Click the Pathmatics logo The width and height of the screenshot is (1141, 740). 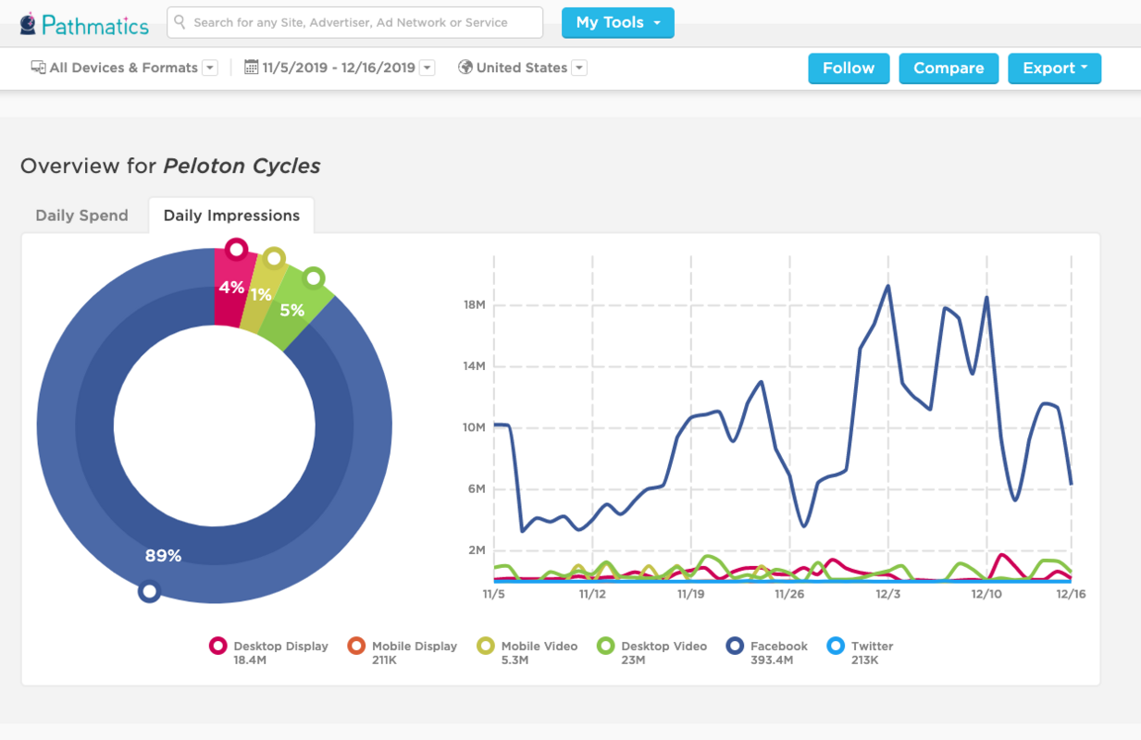click(x=84, y=24)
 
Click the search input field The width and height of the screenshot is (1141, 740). click(x=355, y=23)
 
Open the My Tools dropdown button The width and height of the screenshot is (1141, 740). click(x=617, y=23)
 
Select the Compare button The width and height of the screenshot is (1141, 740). click(x=948, y=68)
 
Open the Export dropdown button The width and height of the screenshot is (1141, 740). click(x=1054, y=68)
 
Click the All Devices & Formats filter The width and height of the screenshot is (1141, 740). click(x=124, y=68)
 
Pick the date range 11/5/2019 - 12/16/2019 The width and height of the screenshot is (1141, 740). click(x=339, y=68)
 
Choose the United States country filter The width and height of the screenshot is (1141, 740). click(x=522, y=68)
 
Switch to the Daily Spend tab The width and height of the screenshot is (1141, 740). click(x=81, y=216)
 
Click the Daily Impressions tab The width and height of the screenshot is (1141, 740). click(x=231, y=216)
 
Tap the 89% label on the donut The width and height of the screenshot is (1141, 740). click(x=163, y=556)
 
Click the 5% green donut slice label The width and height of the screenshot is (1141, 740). click(x=291, y=311)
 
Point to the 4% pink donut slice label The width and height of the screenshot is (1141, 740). click(x=230, y=288)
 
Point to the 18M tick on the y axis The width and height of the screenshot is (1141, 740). click(x=474, y=305)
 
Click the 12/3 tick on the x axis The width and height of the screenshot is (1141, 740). click(x=887, y=594)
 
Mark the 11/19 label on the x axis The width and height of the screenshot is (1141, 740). click(x=690, y=594)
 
